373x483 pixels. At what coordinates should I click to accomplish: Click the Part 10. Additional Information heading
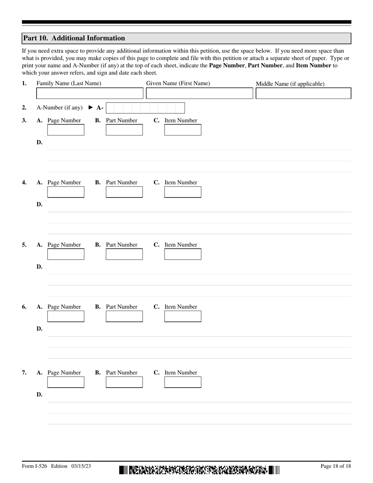(74, 38)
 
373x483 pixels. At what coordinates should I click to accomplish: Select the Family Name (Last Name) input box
(90, 93)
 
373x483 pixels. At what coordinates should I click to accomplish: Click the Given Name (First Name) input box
(199, 93)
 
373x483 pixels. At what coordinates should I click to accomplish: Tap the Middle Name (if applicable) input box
(303, 93)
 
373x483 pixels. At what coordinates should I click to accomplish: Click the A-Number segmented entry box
(145, 108)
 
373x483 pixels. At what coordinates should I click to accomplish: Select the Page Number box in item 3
(66, 130)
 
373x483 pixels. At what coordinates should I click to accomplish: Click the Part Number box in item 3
(124, 130)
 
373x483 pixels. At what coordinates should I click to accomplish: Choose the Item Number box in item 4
(183, 192)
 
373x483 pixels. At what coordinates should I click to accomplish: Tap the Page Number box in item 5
(66, 254)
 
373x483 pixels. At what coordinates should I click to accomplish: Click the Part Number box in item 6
(124, 316)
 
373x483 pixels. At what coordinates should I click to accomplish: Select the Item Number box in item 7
(183, 382)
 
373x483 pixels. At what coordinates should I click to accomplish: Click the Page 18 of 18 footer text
(336, 466)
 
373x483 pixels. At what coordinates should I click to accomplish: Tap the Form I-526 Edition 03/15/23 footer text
(57, 466)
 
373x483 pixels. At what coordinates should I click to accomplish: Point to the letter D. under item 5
(39, 267)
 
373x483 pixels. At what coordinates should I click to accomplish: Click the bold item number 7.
(24, 373)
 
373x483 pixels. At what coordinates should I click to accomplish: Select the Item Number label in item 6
(181, 307)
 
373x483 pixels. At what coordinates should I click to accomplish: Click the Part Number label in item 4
(122, 182)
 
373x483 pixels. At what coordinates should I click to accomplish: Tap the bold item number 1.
(24, 83)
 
